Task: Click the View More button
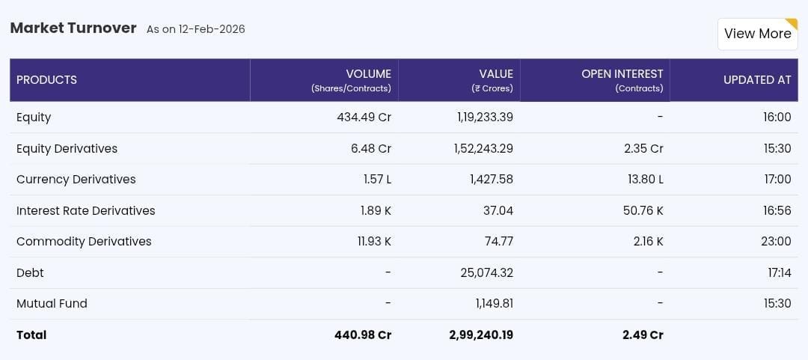pos(757,34)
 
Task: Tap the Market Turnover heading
pos(73,28)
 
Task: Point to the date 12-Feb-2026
pos(212,29)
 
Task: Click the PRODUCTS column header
pos(46,80)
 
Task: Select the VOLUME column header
pos(367,74)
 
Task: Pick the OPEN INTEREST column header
pos(622,74)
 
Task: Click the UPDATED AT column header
pos(756,80)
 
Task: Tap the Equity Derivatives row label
pos(67,148)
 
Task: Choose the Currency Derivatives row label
pos(76,180)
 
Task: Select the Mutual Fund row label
pos(52,304)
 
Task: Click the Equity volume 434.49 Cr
pos(364,118)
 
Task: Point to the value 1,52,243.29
pos(483,148)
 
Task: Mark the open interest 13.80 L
pos(643,180)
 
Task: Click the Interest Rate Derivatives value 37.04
pos(498,210)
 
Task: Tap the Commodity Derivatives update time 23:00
pos(777,242)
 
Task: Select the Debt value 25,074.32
pos(486,272)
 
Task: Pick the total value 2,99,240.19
pos(481,335)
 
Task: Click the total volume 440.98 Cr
pos(362,335)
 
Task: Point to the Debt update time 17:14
pos(779,272)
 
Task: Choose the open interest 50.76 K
pos(643,210)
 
